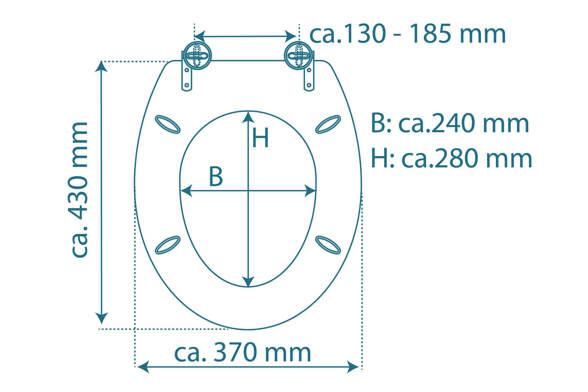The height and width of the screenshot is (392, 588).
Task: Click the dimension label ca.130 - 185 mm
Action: (407, 34)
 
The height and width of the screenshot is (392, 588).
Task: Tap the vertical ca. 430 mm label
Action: (80, 189)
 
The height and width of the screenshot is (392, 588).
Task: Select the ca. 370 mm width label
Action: (242, 352)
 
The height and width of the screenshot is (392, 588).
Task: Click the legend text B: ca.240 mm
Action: (450, 124)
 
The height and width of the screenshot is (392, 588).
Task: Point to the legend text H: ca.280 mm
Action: (451, 158)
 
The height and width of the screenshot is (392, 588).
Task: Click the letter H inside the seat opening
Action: (260, 139)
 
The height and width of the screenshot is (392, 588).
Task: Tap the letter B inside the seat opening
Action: (216, 177)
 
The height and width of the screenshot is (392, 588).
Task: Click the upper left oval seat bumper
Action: (168, 124)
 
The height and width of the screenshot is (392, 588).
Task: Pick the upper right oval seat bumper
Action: (328, 124)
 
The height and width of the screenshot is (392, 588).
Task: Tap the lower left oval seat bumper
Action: (168, 245)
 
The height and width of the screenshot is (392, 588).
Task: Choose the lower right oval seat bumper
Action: (328, 245)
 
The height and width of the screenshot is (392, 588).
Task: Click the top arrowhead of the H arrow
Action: (248, 116)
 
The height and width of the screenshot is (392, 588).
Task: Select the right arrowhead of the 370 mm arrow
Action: (354, 367)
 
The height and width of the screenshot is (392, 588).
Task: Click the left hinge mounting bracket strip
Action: (186, 78)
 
